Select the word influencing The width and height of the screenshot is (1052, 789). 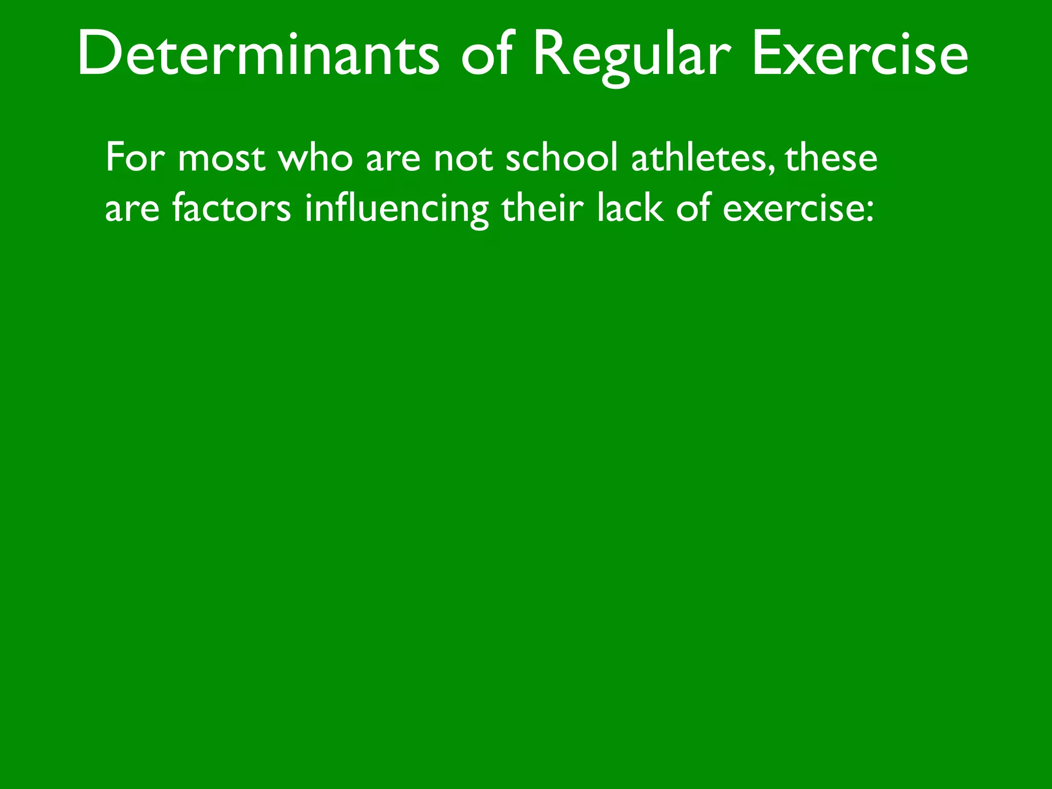pos(397,210)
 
